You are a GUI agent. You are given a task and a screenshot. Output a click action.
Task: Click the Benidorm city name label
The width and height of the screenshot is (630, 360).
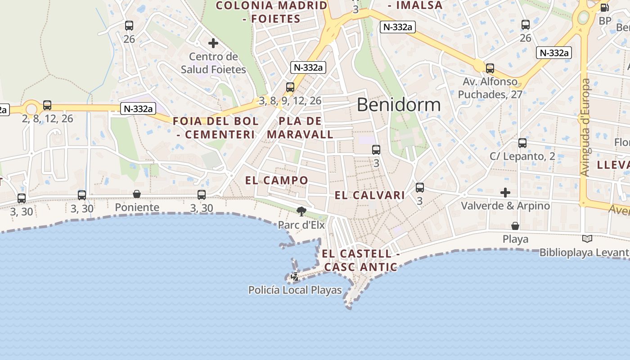[399, 105]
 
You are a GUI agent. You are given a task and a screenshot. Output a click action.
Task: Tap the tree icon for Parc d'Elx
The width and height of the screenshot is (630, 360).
[301, 211]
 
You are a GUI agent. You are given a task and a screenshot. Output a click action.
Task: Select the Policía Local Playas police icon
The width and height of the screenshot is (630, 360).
[295, 277]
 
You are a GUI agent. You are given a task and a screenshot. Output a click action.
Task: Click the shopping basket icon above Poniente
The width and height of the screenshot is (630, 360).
[137, 194]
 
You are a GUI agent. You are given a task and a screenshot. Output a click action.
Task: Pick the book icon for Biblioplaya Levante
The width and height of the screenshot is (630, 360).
[587, 239]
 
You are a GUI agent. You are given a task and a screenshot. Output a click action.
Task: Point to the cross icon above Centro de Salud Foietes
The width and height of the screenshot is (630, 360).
[213, 44]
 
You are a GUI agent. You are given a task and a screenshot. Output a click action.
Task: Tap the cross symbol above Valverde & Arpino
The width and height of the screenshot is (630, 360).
[505, 193]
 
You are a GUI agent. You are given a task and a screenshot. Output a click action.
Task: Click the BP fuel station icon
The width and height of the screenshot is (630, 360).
[604, 8]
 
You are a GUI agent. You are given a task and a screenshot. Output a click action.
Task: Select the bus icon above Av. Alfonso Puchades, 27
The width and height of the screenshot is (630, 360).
[490, 68]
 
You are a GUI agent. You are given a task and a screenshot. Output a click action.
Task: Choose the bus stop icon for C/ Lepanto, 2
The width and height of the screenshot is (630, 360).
[522, 143]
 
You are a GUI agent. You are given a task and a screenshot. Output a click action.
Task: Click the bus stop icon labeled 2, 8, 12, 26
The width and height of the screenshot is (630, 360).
[47, 105]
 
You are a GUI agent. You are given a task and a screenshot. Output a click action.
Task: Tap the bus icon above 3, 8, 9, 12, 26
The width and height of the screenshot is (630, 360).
[290, 87]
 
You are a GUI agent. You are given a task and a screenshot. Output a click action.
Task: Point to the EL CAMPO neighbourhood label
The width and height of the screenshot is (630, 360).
[277, 180]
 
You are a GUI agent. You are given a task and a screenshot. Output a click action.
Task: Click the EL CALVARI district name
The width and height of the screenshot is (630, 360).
[370, 195]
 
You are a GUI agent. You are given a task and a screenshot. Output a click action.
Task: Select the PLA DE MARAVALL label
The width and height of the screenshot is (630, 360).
[300, 128]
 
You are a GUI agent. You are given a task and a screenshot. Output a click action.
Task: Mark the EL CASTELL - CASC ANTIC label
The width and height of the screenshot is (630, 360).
[360, 260]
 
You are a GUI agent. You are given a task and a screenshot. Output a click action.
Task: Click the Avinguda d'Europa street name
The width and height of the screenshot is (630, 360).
[585, 127]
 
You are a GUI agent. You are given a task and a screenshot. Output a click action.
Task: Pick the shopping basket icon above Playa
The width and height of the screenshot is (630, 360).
[515, 226]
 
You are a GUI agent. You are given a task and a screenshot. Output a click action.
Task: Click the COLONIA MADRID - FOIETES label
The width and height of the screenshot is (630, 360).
[272, 12]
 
